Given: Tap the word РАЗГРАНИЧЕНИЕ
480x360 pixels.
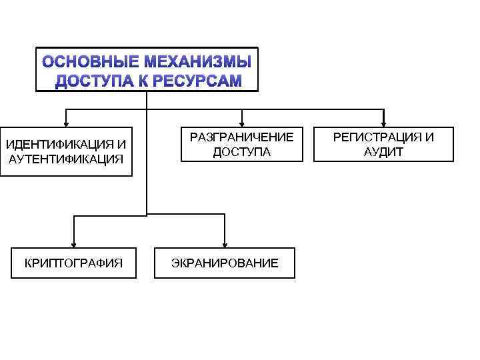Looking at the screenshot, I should [x=241, y=137].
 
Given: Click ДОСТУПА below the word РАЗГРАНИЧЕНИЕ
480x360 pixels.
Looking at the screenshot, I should [x=241, y=152].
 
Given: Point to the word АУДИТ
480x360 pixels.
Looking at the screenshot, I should [x=384, y=152].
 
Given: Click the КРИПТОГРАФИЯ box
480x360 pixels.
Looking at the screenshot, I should [x=73, y=263].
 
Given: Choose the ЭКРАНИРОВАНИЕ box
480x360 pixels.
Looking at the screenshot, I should [x=225, y=263].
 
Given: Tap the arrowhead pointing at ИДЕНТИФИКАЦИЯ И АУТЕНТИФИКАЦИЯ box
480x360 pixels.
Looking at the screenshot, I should [x=65, y=122].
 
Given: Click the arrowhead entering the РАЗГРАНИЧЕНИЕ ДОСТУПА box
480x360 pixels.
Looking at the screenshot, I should [x=241, y=122].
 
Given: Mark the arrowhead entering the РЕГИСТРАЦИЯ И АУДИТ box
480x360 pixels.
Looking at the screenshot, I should [x=384, y=122].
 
